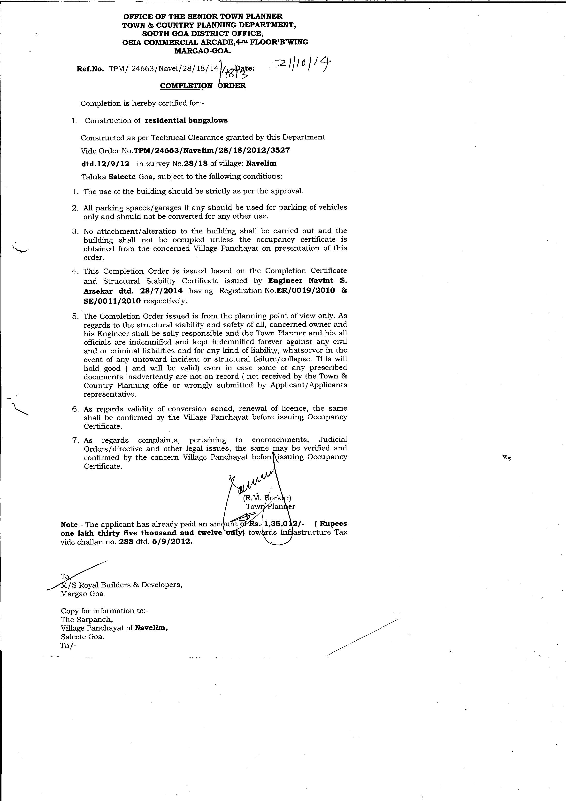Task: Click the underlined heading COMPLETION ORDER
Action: pyautogui.click(x=203, y=86)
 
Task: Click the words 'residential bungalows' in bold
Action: pyautogui.click(x=186, y=120)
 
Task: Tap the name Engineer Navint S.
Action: pyautogui.click(x=308, y=281)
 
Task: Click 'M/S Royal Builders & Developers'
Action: pyautogui.click(x=121, y=585)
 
